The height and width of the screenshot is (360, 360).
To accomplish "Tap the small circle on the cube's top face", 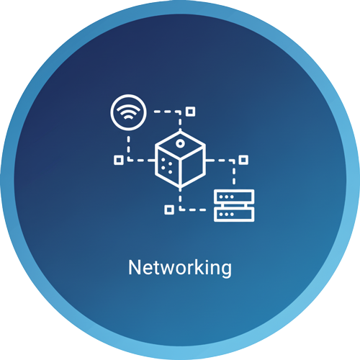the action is [x=180, y=143].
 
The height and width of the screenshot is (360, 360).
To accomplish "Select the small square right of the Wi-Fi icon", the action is [x=191, y=112].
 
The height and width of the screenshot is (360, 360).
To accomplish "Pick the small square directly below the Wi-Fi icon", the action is [x=119, y=160].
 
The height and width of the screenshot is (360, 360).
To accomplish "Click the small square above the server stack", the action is [x=243, y=160].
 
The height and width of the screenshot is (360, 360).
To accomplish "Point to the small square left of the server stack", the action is [x=169, y=210].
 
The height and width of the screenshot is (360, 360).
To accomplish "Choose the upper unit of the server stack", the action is [x=234, y=197].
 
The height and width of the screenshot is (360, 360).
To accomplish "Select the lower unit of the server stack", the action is [x=234, y=215].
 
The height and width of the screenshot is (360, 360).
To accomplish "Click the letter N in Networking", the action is [x=135, y=267].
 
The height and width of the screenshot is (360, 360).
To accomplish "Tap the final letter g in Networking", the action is [x=226, y=270].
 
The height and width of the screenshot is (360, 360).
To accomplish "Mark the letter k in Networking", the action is [x=202, y=266].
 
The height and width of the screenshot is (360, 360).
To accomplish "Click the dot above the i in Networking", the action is [x=210, y=261].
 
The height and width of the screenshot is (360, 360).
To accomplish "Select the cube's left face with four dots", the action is [x=167, y=166].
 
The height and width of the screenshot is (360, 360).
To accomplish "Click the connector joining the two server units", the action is [x=234, y=206].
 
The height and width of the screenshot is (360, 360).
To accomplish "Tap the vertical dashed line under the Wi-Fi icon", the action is [x=129, y=147].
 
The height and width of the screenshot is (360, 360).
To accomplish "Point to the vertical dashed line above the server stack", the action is [x=234, y=174].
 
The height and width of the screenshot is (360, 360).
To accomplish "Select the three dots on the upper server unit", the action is [x=226, y=197].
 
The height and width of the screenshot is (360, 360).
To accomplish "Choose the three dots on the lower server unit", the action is [x=226, y=215].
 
